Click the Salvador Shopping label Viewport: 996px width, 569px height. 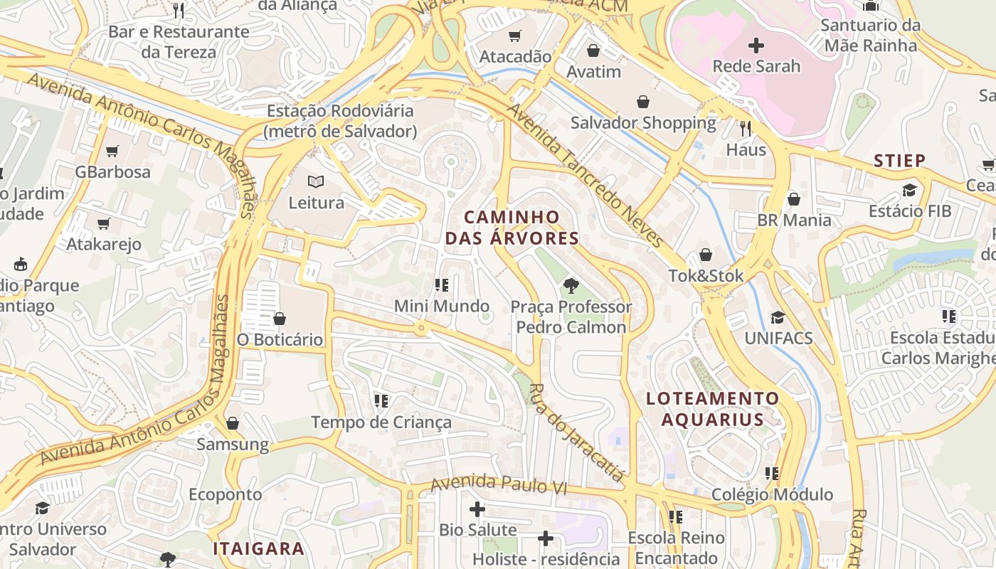[643, 122]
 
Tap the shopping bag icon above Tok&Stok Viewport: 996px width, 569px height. [706, 255]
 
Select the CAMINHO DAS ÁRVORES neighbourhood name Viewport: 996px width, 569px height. [512, 227]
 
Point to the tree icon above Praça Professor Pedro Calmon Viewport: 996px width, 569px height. [571, 286]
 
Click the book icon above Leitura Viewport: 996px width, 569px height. [316, 182]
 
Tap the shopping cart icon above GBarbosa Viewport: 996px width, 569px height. [112, 151]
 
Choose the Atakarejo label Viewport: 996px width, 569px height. [104, 244]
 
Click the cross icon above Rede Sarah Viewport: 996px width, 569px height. [756, 46]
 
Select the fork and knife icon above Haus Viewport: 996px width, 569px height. [746, 129]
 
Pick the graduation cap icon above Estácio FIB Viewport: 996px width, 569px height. [909, 190]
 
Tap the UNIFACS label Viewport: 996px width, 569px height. [778, 338]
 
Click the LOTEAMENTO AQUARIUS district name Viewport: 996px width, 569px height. [713, 408]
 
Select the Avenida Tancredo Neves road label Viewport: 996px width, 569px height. [585, 175]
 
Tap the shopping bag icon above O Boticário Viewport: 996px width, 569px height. [280, 318]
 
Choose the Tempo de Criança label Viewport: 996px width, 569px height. [381, 422]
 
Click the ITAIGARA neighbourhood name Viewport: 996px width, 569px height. [259, 548]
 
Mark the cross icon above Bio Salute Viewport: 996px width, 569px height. [477, 509]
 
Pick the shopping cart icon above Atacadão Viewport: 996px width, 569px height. [515, 36]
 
